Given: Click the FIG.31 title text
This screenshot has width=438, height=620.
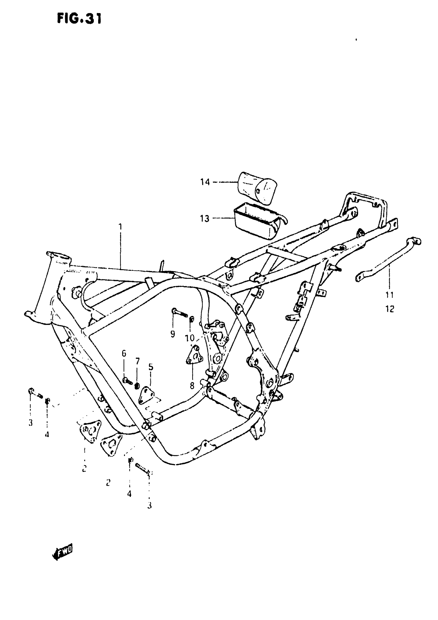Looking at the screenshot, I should click(79, 19).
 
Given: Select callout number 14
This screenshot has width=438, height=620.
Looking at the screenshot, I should click(205, 182).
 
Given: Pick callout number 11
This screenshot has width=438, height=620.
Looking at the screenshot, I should click(390, 295).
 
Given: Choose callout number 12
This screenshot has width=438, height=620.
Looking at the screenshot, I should click(390, 309).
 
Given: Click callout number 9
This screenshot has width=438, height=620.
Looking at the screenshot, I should click(173, 334).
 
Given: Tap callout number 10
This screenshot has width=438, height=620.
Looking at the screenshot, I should click(190, 338).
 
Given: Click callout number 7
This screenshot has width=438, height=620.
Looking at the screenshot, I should click(138, 361).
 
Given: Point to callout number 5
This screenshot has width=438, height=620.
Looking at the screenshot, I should click(151, 367).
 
